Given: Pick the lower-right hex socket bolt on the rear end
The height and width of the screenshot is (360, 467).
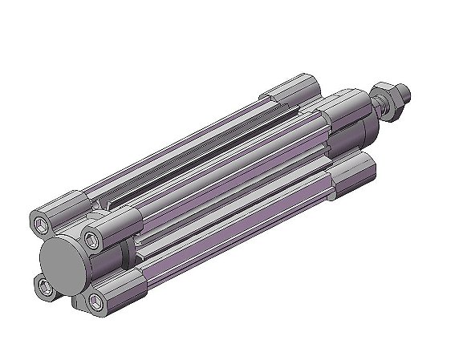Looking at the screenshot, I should click(x=97, y=301).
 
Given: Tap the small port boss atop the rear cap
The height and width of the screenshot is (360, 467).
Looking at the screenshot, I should click(x=99, y=209).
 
